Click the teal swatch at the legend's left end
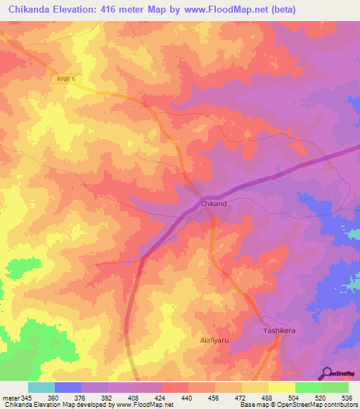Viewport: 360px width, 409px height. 41,387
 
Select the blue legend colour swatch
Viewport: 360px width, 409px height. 68,387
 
